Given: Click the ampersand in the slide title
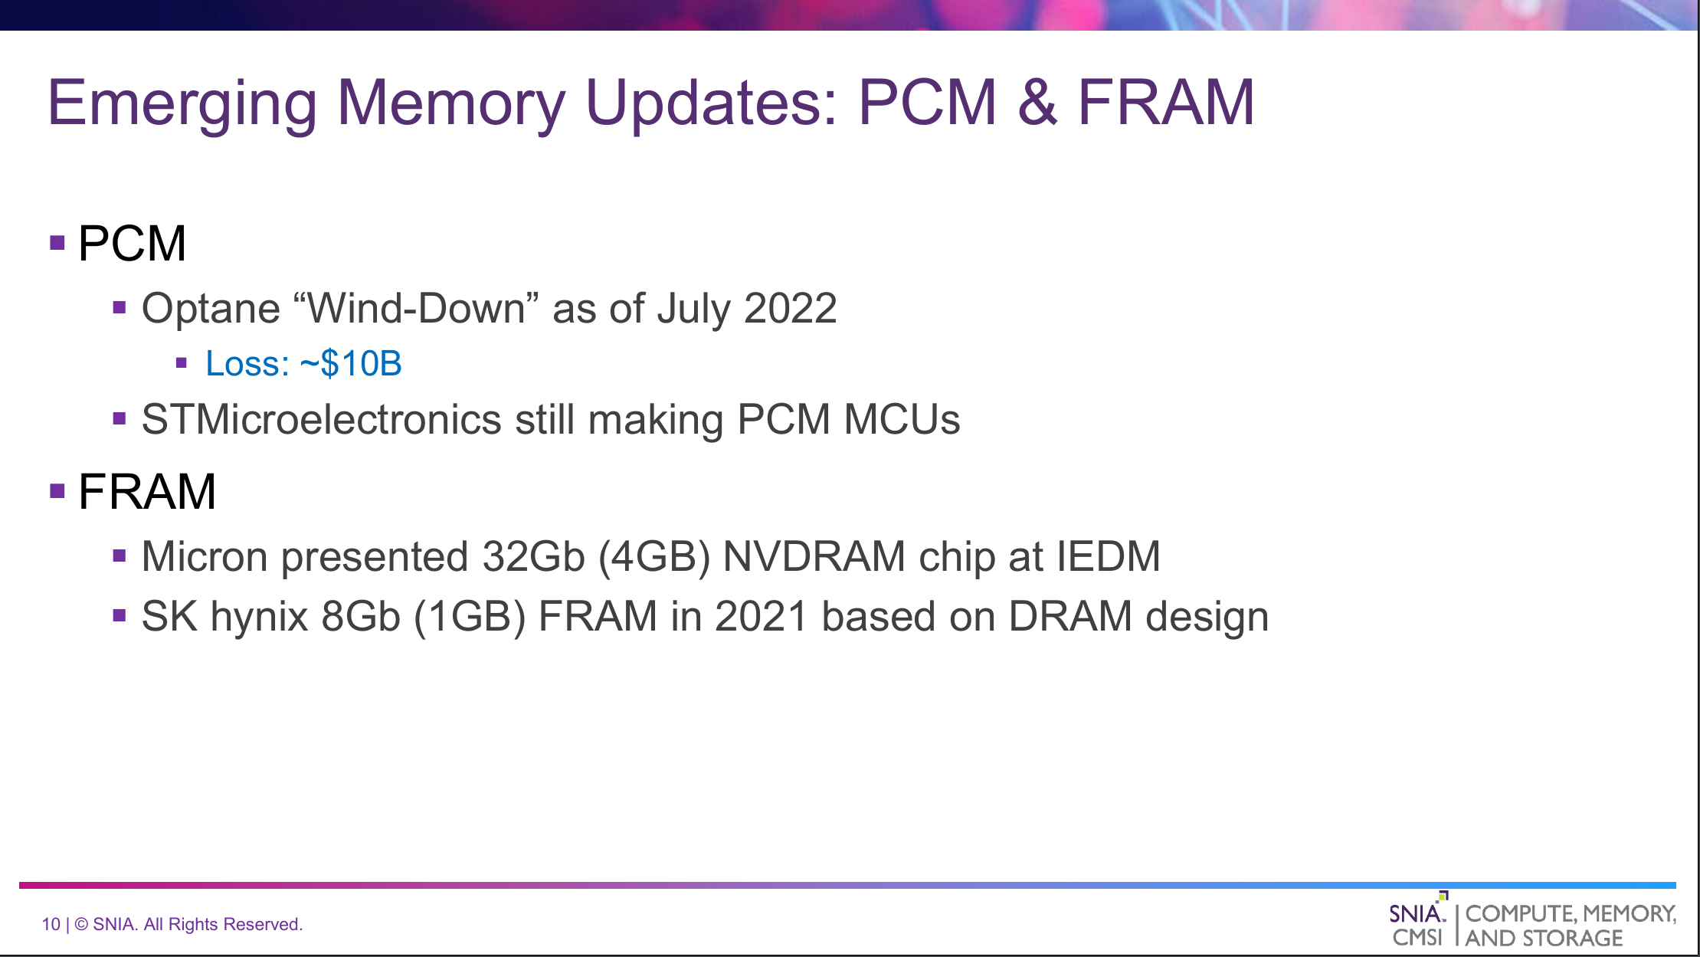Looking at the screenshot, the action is tap(1037, 103).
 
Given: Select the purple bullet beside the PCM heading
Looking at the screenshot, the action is tap(57, 244).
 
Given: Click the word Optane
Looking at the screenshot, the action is tap(211, 310).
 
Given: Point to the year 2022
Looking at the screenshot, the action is tap(790, 309).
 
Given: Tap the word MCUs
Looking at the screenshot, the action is tap(902, 420).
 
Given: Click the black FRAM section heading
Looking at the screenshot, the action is tap(147, 491).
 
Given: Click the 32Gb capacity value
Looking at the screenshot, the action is tap(533, 556).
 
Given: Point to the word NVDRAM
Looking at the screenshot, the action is tap(814, 556).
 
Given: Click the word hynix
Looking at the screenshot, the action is tap(259, 618).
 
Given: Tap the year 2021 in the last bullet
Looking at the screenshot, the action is tap(761, 617).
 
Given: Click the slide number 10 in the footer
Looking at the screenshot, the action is tap(51, 924).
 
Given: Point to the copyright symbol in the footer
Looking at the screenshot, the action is tap(80, 924).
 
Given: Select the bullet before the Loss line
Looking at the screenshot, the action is tap(182, 363).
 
